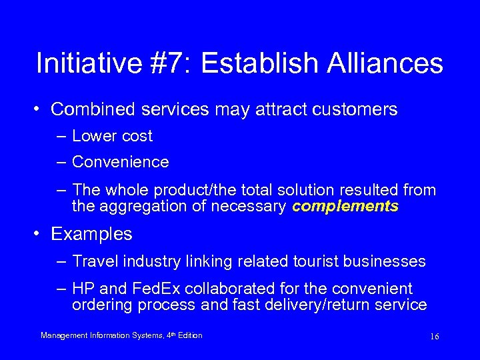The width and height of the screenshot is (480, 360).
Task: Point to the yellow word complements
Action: (x=345, y=207)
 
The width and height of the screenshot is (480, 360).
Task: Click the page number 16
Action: (x=435, y=337)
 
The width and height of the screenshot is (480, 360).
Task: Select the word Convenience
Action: (x=121, y=162)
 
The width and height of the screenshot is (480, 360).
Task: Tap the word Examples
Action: (x=91, y=234)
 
